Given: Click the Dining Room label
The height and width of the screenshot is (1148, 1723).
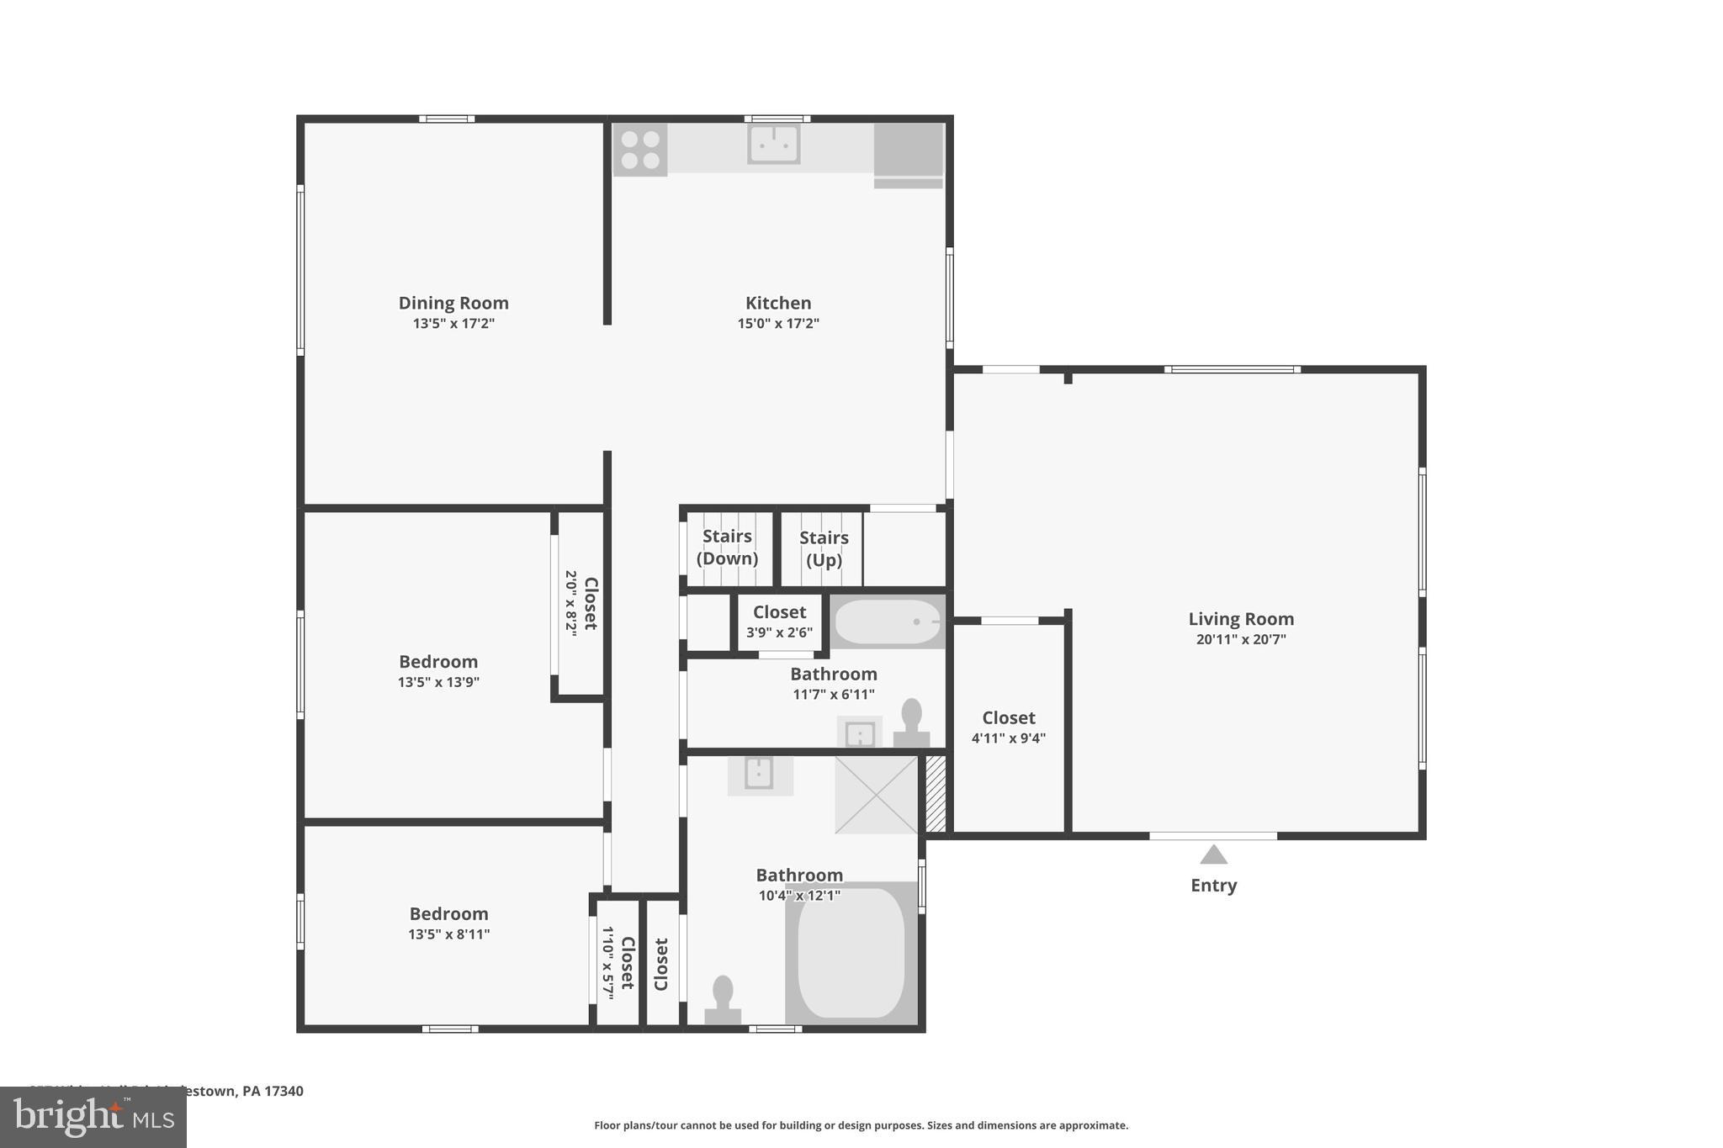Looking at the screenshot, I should [x=453, y=303].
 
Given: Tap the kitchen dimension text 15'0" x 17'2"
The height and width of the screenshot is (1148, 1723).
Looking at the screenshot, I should [x=778, y=324].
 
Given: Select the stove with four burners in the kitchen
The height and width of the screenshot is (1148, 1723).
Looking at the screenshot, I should [x=639, y=150].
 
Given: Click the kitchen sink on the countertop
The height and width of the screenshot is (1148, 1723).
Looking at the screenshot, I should [x=773, y=145].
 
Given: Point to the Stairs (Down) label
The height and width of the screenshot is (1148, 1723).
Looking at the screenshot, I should [x=727, y=548].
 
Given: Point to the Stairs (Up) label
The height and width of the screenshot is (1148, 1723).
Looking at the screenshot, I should [x=824, y=549].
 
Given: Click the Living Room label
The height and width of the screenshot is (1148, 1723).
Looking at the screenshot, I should [x=1241, y=619].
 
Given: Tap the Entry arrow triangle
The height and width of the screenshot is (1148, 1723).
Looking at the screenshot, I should [x=1213, y=855].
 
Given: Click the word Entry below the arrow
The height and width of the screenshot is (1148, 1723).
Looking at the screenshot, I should [x=1213, y=886].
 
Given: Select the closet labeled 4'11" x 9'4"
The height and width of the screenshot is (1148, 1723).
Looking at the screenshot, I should [x=1009, y=728].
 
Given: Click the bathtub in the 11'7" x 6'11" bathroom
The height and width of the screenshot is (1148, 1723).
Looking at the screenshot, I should [x=888, y=622].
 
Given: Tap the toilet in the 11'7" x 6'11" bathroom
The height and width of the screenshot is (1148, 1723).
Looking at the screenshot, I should [x=911, y=724].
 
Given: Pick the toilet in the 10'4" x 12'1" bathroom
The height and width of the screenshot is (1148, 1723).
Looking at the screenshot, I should [x=722, y=1001].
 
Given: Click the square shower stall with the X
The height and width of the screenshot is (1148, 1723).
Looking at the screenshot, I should [x=876, y=795].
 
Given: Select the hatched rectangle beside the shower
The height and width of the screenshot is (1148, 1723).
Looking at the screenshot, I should [x=936, y=794].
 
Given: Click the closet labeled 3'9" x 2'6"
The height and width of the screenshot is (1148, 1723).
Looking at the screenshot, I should [x=779, y=622].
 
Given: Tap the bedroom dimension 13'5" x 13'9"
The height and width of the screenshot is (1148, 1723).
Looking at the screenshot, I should [x=438, y=682].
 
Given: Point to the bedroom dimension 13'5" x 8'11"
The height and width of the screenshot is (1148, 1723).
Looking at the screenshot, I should [x=448, y=934].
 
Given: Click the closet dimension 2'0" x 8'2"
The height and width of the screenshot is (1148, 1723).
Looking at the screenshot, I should [x=571, y=603].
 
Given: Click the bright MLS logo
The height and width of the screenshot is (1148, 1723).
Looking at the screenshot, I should [x=93, y=1117].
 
